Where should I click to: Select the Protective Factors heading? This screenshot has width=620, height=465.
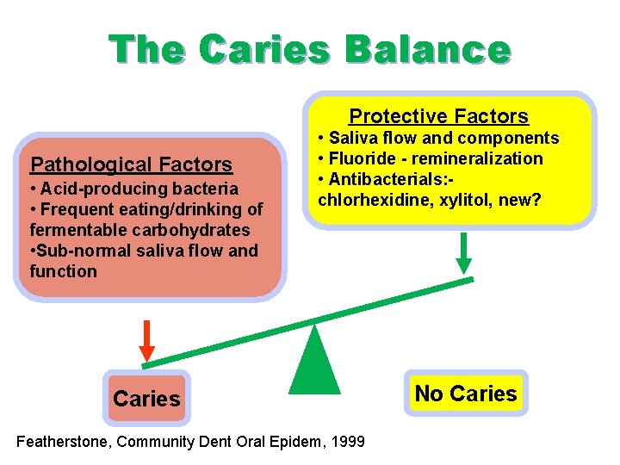[438, 116]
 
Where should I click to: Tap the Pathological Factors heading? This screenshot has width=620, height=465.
[131, 164]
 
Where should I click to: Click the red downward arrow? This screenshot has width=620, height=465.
[147, 340]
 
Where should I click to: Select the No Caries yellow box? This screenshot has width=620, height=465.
[466, 394]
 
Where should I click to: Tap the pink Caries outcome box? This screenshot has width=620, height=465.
[146, 399]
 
